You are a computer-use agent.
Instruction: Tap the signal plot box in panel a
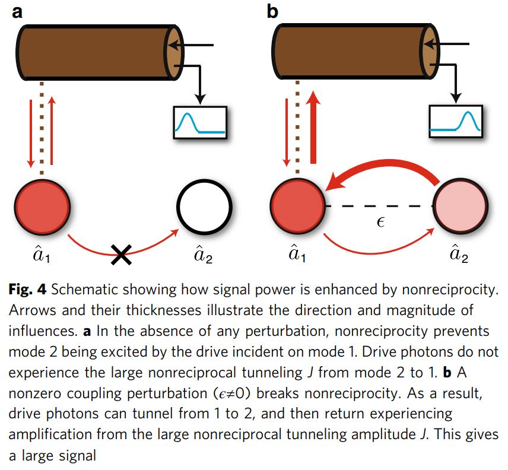(199, 123)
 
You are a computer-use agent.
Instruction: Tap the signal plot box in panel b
(457, 123)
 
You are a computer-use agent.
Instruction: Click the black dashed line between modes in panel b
(380, 206)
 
